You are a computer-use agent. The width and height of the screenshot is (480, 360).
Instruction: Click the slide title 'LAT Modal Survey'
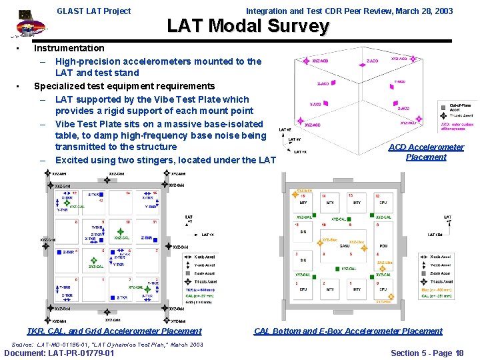247,26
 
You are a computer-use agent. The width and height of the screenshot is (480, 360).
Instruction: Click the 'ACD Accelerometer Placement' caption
426,152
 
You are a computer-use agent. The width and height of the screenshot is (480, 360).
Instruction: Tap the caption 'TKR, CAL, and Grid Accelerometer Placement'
114,331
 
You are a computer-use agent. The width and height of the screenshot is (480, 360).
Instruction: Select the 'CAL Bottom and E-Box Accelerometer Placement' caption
348,331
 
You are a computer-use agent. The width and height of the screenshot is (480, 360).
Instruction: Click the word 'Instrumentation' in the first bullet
69,48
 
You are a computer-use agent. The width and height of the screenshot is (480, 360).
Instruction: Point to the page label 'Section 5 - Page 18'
427,353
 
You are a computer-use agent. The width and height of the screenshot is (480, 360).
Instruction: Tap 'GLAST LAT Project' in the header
94,11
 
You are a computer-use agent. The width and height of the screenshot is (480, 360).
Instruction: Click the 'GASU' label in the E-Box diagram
345,245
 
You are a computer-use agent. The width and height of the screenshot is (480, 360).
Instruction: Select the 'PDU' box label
383,245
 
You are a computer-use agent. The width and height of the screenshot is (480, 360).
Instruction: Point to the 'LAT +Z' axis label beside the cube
285,129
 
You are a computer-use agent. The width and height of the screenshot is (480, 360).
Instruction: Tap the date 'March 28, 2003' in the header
423,11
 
